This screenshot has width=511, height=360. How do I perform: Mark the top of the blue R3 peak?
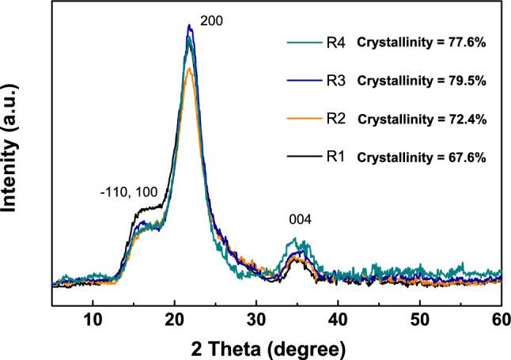[189, 25]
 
